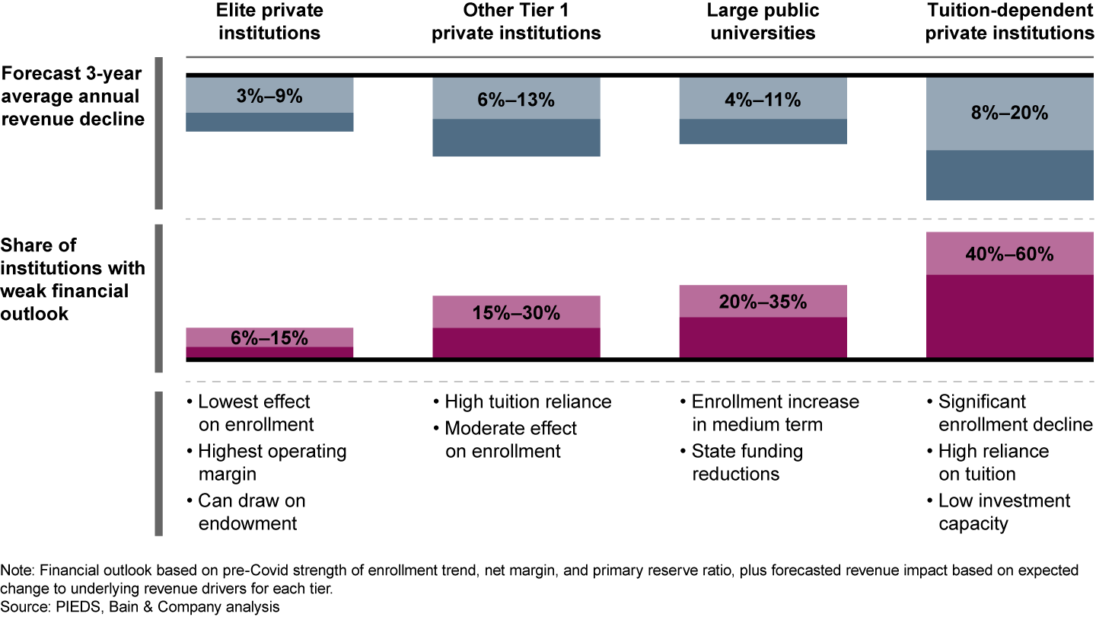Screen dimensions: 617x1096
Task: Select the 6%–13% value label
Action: pyautogui.click(x=516, y=100)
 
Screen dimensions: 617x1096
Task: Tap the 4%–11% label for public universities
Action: pyautogui.click(x=763, y=100)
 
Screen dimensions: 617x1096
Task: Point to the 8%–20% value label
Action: pyautogui.click(x=1009, y=113)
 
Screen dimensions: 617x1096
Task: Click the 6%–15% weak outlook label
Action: pyautogui.click(x=269, y=338)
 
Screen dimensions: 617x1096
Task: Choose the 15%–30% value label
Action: pyautogui.click(x=516, y=312)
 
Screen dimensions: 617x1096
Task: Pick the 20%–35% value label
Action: pyautogui.click(x=763, y=302)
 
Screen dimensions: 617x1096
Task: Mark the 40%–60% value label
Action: pyautogui.click(x=1009, y=254)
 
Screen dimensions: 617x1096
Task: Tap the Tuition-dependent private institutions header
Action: pyautogui.click(x=1009, y=21)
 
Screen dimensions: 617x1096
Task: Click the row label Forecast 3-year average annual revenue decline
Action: pyautogui.click(x=72, y=97)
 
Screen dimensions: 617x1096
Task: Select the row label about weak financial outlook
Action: pyautogui.click(x=72, y=280)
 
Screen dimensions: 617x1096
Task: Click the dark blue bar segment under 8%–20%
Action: pyautogui.click(x=1009, y=175)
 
